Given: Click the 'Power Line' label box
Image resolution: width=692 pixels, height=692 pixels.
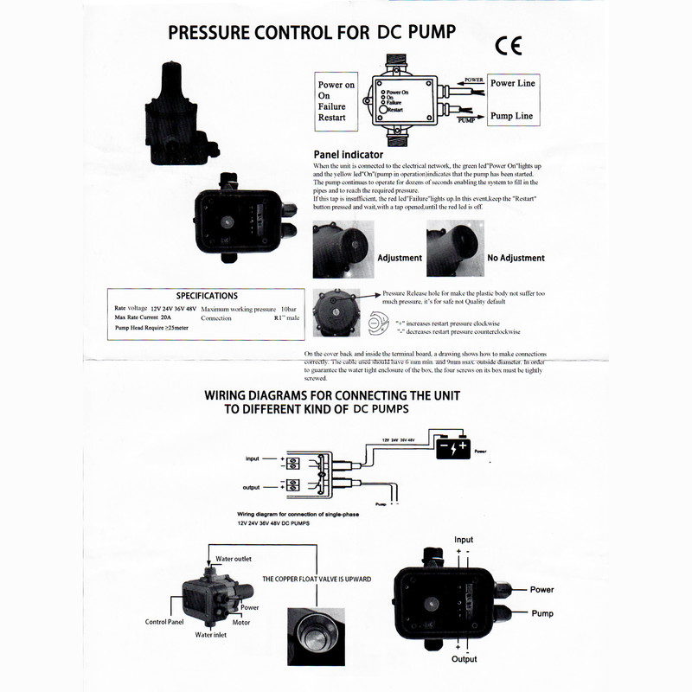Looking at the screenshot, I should pos(512,83).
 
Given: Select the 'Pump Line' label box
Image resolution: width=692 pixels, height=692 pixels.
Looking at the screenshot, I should pos(511,115).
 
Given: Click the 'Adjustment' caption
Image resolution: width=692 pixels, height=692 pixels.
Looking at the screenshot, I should pos(400,258).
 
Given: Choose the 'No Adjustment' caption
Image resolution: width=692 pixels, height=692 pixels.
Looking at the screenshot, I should pos(516,258).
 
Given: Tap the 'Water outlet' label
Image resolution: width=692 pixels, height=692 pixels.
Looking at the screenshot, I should pos(234,559).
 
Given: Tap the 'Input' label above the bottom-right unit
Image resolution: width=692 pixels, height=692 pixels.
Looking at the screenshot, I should pos(464,540).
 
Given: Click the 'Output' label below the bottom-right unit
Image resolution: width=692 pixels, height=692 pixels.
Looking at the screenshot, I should pos(464,659).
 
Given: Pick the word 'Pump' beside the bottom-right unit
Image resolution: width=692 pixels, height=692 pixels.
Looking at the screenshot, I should pos(542,613).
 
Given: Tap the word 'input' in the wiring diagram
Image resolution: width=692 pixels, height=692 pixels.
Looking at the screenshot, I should pos(253,458).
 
